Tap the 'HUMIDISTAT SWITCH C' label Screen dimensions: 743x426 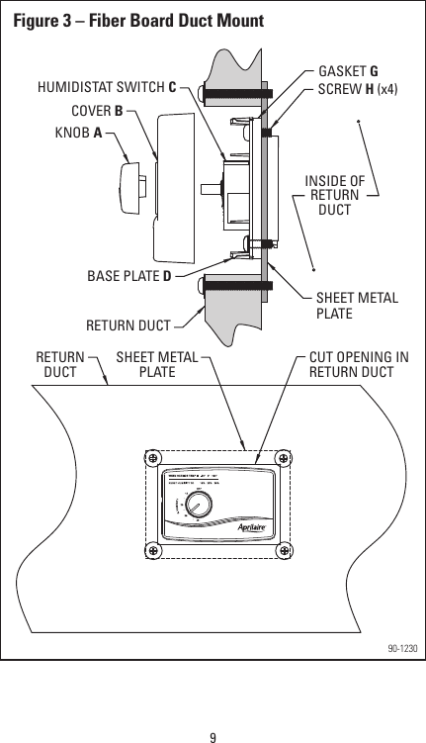(x=106, y=86)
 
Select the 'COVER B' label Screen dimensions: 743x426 (x=97, y=111)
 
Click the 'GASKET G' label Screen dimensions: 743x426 (x=348, y=72)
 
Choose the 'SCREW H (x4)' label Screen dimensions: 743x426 (x=358, y=89)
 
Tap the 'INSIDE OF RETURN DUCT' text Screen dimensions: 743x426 (x=334, y=195)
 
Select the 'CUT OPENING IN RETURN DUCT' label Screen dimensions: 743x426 (x=351, y=364)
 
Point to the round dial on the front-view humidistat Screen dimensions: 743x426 (x=199, y=509)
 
